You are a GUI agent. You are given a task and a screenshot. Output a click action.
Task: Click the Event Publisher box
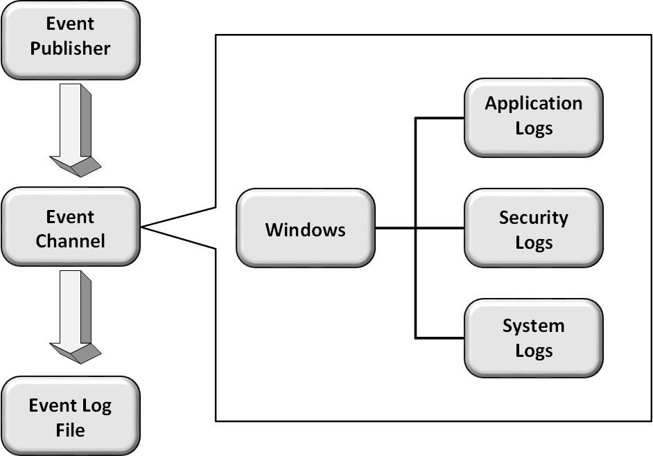(70, 40)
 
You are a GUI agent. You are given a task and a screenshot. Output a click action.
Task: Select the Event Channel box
(70, 227)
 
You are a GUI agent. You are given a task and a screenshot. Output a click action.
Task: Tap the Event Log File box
(70, 416)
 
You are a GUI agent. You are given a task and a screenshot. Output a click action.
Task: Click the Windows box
(305, 228)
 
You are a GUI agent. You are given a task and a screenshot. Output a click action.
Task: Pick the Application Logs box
(533, 116)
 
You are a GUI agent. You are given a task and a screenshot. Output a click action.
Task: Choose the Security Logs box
(533, 228)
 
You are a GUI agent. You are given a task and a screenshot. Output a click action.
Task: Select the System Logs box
(533, 337)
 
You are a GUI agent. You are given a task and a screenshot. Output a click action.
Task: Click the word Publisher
(70, 49)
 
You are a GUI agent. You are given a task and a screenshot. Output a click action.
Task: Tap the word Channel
(70, 241)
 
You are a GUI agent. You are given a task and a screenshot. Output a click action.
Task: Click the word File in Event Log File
(70, 430)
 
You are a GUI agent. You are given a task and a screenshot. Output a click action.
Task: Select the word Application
(533, 104)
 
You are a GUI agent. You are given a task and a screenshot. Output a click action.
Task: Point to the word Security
(533, 218)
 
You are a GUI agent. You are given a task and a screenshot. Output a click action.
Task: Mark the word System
(533, 326)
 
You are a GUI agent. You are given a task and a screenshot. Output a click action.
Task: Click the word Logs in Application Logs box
(533, 128)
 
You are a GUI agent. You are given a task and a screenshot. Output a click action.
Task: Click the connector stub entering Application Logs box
(439, 118)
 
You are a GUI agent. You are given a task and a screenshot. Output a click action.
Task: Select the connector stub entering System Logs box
(439, 337)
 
